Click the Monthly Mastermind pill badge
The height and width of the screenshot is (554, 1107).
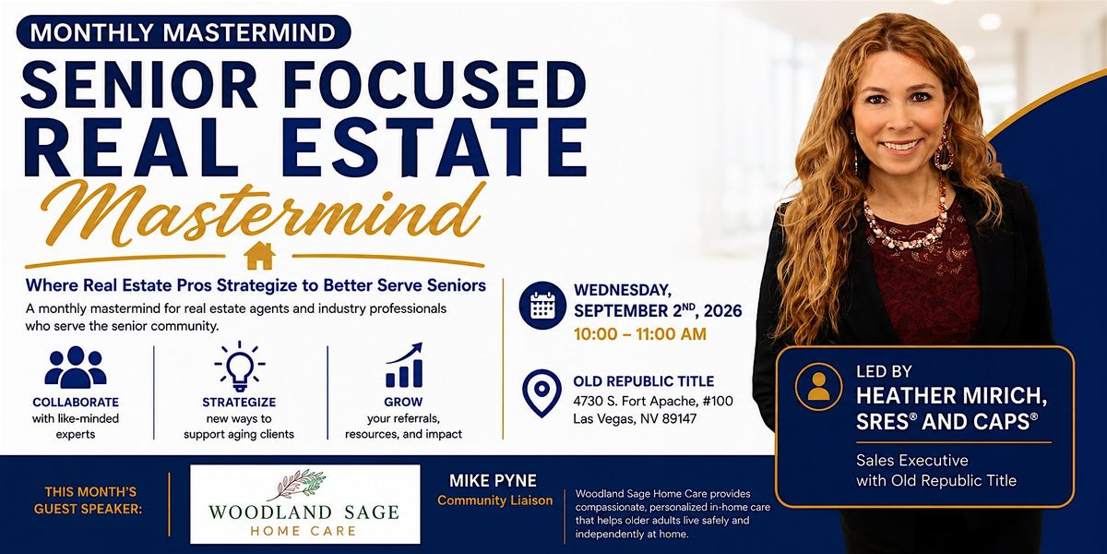(184, 32)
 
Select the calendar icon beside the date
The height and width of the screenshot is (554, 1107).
(542, 306)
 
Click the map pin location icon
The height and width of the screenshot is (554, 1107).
(542, 393)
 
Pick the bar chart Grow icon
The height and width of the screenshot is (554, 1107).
(404, 365)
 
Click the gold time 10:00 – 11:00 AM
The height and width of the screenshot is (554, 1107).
(640, 334)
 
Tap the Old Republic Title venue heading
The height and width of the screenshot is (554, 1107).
(644, 381)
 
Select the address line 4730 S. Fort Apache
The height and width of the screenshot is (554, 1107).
(653, 401)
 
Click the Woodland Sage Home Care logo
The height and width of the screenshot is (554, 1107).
(305, 504)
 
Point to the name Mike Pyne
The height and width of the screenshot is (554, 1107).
(493, 481)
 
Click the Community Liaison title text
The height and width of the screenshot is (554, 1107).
(494, 500)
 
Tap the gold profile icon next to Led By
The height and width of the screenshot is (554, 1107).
(819, 386)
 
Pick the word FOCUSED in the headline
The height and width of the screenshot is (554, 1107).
(434, 84)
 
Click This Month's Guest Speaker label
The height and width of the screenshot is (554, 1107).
(88, 500)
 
